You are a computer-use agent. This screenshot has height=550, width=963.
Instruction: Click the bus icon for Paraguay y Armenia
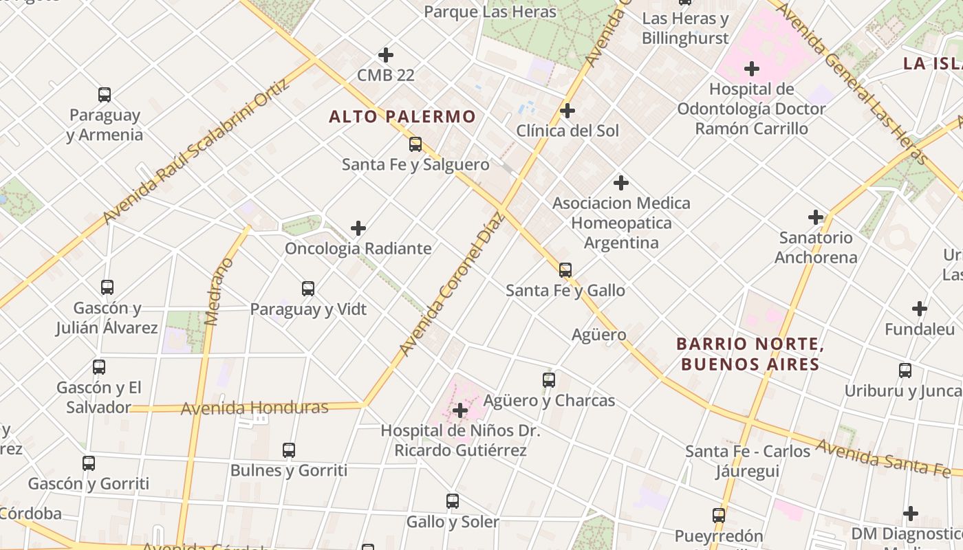tap(105, 95)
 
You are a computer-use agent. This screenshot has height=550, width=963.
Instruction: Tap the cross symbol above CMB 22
tap(386, 55)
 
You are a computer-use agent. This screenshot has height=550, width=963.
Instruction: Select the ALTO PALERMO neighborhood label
tap(402, 117)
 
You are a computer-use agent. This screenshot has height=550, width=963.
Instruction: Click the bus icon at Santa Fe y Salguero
tap(415, 144)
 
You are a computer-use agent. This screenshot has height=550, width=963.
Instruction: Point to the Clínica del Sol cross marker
tap(567, 111)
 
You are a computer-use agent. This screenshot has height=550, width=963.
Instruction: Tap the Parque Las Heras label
tap(490, 12)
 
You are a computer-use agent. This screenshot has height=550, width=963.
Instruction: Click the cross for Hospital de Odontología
tap(752, 69)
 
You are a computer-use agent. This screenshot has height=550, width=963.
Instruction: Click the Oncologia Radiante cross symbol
tap(358, 228)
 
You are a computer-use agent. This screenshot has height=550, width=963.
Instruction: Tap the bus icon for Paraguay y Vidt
tap(308, 289)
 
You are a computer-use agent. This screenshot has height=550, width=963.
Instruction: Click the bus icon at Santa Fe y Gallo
tap(565, 270)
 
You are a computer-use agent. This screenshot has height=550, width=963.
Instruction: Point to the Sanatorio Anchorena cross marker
tap(816, 218)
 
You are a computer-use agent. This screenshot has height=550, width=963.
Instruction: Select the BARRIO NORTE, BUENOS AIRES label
tap(750, 353)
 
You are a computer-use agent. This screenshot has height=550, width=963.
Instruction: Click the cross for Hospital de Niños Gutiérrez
tap(460, 411)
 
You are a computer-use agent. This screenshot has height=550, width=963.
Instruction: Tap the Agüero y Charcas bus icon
tap(549, 380)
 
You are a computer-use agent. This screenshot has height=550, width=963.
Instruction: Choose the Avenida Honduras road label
tap(255, 408)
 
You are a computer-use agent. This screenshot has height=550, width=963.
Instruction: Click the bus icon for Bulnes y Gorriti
tap(289, 451)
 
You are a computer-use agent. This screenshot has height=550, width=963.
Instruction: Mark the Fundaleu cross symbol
tap(920, 309)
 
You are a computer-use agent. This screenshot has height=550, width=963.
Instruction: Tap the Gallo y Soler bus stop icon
tap(453, 501)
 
